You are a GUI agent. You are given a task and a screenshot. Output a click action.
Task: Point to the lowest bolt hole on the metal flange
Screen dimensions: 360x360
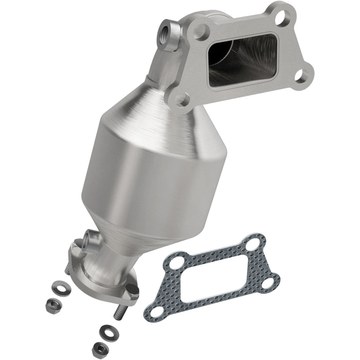[181, 99]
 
